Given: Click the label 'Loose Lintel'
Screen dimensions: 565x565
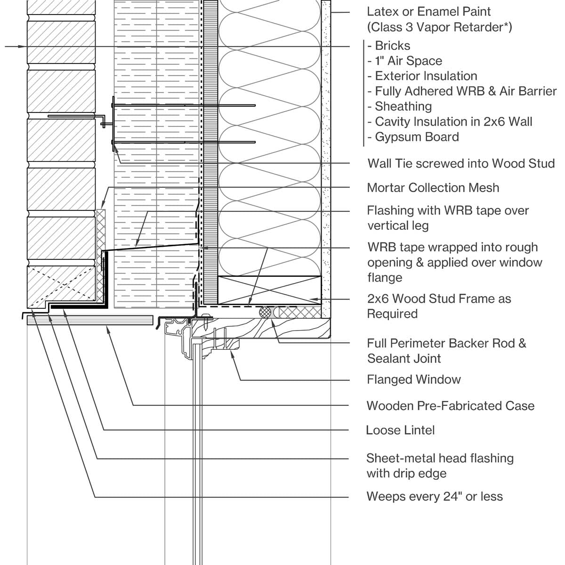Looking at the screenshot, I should coord(400,430).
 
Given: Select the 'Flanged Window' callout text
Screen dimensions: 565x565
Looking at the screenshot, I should coord(413,379).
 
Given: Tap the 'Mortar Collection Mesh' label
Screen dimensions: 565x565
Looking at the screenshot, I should coord(433,187).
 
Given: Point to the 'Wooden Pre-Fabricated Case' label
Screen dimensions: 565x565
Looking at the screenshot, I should coord(450,405).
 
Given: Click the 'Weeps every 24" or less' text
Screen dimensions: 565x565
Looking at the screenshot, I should coord(434,496).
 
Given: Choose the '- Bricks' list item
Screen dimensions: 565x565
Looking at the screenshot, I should coord(389,46).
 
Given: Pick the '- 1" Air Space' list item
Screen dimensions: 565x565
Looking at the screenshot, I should coord(405,61).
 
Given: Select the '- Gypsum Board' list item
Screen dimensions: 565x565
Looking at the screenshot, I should coord(413,137).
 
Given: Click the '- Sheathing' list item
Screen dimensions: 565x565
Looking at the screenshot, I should coord(400,106).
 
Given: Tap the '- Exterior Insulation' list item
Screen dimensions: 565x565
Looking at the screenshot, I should coord(422,76).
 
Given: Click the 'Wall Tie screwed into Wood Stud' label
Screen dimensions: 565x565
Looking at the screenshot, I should coord(461,163).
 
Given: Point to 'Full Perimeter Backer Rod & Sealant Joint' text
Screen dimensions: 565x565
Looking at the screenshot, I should coord(446,350).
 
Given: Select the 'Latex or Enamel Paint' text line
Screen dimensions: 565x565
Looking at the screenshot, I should coord(428,11).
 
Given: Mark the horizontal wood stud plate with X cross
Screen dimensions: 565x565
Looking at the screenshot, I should coord(269,290).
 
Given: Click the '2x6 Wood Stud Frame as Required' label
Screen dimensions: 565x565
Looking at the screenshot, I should coord(438,306).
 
